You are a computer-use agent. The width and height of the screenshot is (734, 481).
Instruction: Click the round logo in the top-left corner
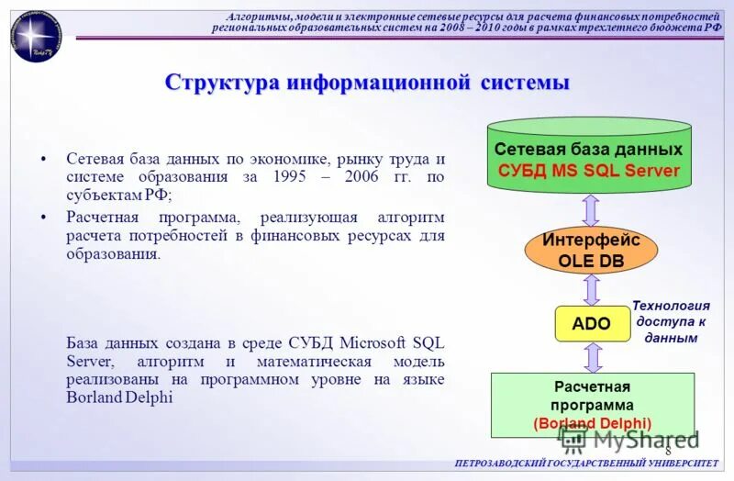[x=35, y=36]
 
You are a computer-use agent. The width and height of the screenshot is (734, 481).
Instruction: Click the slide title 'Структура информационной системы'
[x=367, y=83]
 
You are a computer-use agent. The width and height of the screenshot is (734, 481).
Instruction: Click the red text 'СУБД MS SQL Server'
[x=588, y=171]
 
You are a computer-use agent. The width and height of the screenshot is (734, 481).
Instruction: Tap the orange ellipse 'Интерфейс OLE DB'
[x=591, y=250]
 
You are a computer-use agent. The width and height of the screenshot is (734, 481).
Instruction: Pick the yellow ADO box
[x=591, y=323]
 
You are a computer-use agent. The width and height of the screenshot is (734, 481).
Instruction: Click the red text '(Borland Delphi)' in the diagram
[x=592, y=423]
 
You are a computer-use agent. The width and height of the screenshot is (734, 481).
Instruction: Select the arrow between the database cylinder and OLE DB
[x=591, y=209]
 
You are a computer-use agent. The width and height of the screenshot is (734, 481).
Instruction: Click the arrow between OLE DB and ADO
[x=592, y=289]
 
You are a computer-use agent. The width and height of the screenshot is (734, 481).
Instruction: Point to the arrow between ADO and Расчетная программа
[x=592, y=357]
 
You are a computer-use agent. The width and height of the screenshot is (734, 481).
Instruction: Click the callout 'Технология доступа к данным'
[x=672, y=321]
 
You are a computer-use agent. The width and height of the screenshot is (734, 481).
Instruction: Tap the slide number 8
[x=668, y=451]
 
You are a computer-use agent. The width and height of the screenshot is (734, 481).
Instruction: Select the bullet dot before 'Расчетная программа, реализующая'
[x=44, y=217]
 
